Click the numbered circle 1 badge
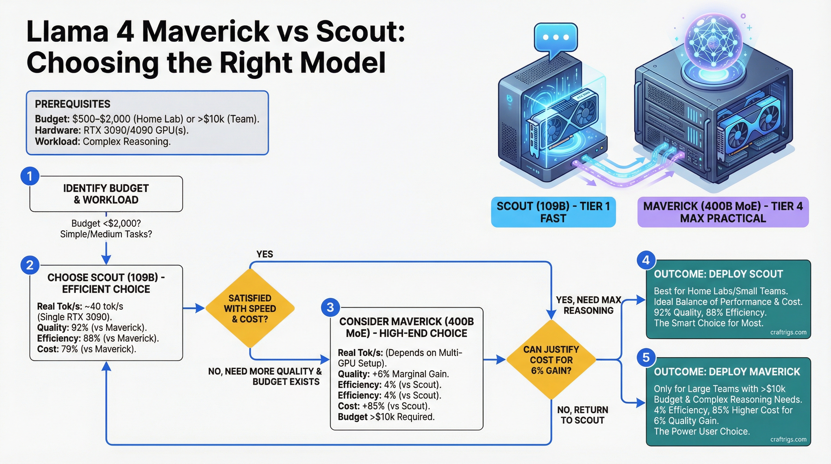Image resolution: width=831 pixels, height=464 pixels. (30, 176)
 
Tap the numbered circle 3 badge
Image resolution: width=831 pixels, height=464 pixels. (330, 307)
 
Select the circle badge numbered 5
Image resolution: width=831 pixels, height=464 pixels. (646, 358)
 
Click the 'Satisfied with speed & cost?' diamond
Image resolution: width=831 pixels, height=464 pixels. (250, 308)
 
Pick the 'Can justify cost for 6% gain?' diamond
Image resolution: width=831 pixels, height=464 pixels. (551, 360)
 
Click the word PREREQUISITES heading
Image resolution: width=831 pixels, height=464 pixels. (72, 104)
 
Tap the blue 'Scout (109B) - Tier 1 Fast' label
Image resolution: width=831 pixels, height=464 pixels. (553, 212)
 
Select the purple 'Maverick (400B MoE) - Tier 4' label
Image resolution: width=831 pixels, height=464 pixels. (723, 212)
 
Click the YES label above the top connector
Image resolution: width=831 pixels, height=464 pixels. (265, 254)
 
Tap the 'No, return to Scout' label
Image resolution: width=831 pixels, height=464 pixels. (582, 415)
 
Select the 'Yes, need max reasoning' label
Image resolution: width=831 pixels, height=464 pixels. (589, 305)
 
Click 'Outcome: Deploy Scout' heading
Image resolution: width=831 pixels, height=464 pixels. (718, 274)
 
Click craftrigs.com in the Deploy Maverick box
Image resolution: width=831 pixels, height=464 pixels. (788, 439)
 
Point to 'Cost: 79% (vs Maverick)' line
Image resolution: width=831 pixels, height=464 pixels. (86, 349)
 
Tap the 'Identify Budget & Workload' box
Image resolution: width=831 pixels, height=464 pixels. (106, 194)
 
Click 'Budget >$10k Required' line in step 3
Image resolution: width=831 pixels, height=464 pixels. (386, 417)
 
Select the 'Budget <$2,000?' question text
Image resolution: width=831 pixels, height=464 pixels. (106, 223)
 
